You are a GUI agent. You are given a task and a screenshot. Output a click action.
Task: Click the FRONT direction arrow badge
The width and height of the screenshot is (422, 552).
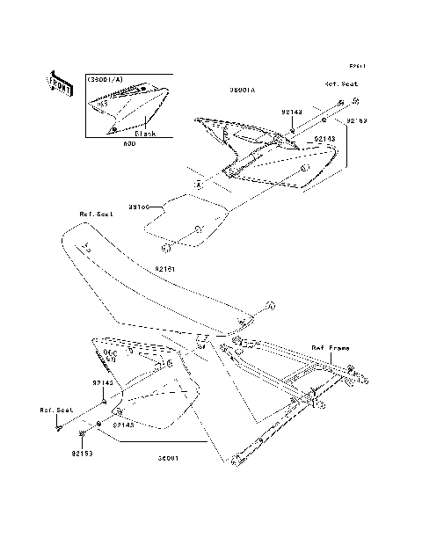[x=59, y=83]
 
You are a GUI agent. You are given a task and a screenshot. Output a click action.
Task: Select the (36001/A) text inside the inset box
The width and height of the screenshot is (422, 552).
[x=105, y=80]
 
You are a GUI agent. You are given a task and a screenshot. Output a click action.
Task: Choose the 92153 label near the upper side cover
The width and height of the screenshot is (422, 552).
[x=356, y=120]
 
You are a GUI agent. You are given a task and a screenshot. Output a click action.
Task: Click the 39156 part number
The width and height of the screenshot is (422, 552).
[x=139, y=207]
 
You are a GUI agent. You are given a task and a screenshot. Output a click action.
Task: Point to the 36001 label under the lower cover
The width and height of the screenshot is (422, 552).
[x=171, y=458]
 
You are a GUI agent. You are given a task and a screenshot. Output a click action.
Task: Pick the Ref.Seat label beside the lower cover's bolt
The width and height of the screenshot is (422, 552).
[x=53, y=410]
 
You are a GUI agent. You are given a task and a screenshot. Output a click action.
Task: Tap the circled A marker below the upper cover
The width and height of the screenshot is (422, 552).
[x=199, y=185]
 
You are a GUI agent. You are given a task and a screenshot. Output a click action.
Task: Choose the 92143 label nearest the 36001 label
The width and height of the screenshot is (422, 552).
[x=123, y=424]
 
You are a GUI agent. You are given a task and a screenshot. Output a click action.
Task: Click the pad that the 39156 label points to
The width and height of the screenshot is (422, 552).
[x=186, y=222]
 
